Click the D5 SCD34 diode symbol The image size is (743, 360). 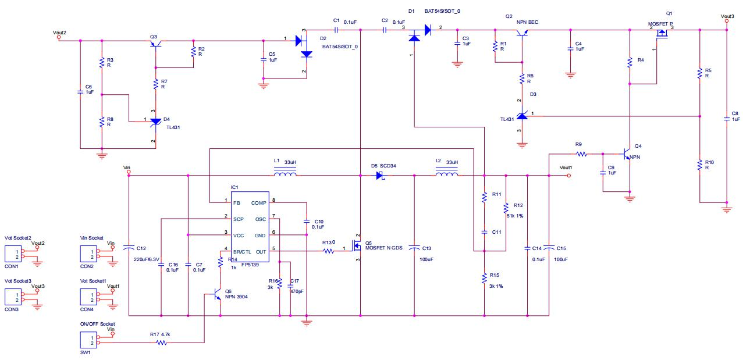coord(381,175)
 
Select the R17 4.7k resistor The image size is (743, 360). coord(161,343)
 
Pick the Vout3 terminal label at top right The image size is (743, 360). coord(727,16)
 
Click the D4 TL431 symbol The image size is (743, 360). coord(155,122)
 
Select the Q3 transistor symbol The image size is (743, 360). coord(156,44)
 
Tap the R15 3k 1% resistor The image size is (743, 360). coord(484,279)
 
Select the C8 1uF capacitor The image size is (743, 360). coord(727,119)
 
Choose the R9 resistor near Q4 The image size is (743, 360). coord(580,154)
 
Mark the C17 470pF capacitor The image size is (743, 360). coord(290,285)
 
